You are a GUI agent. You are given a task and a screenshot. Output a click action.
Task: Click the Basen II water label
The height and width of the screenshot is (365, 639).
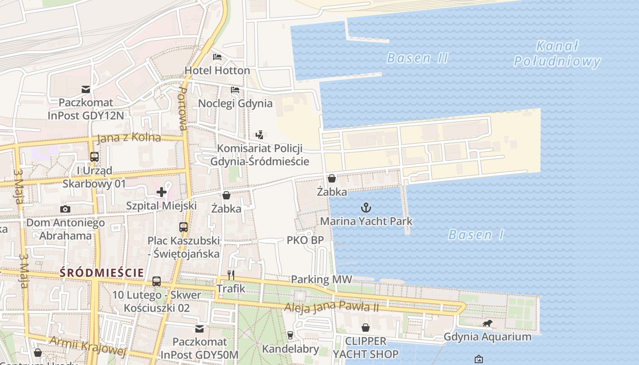coord(417,58)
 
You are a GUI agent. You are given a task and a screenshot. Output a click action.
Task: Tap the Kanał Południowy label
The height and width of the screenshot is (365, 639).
coord(557,54)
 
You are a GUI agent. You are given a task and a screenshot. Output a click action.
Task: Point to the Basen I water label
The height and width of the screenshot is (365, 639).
coord(476,235)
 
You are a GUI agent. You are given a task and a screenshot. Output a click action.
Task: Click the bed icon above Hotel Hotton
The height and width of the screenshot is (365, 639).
coord(217,57)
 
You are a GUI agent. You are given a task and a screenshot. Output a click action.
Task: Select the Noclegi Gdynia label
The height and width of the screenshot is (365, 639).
coord(235,104)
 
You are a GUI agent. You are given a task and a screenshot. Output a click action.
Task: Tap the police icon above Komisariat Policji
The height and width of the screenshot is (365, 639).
coord(259,135)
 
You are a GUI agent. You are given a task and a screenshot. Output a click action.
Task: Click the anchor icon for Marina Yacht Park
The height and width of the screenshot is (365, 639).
coord(366,208)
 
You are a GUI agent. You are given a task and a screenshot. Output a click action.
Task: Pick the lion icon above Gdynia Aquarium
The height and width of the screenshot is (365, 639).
coord(487,323)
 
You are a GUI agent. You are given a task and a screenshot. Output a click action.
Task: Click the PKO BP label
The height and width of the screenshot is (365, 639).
coord(305,240)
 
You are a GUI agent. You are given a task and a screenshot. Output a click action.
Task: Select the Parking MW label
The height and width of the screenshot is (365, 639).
coord(321,279)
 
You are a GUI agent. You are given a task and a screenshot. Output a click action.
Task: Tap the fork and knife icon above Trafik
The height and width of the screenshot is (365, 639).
coord(231,275)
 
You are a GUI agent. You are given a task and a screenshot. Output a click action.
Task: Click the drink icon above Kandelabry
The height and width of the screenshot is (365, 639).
coord(290,335)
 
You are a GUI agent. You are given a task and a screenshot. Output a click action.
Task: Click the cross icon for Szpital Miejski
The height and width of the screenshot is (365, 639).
coord(162,192)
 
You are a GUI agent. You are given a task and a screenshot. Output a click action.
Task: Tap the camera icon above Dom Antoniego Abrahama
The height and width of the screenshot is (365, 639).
coord(65,209)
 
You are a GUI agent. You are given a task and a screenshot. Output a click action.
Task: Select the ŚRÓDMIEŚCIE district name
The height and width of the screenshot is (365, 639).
coord(102,273)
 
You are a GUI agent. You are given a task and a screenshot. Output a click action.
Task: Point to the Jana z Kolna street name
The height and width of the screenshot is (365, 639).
coord(129,138)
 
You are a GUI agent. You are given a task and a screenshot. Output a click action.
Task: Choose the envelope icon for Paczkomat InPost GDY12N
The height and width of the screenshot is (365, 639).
coord(85,89)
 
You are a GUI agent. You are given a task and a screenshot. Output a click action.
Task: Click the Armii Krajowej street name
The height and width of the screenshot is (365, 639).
coord(87,346)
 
